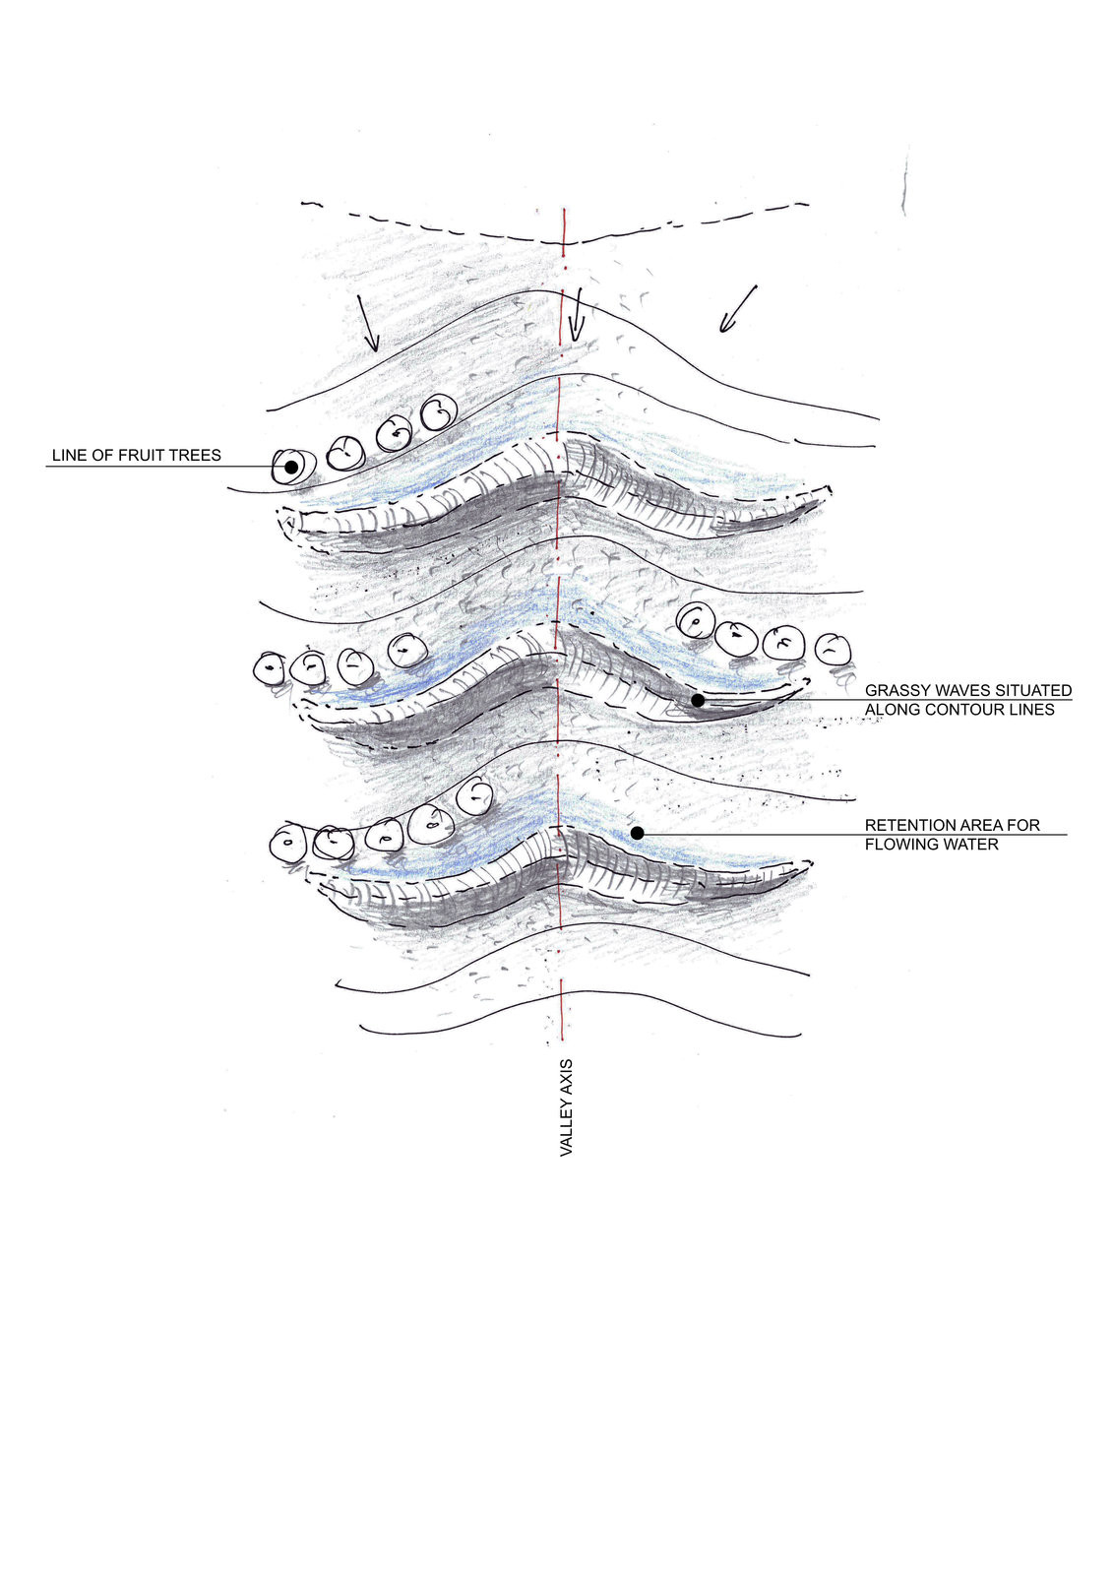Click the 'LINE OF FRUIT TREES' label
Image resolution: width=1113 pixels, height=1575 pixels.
point(136,455)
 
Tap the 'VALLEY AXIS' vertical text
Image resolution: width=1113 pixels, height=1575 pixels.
point(566,1107)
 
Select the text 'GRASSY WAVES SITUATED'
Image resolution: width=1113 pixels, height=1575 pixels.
point(967,691)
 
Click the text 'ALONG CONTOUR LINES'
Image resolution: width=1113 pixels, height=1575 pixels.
point(958,710)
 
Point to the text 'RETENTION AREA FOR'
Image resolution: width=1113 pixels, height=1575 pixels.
point(952,825)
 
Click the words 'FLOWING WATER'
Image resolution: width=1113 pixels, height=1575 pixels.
point(931,845)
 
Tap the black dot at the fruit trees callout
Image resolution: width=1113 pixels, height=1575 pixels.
point(290,467)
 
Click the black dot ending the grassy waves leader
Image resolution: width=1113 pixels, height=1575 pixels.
point(697,700)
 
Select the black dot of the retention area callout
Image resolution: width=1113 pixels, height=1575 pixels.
point(637,833)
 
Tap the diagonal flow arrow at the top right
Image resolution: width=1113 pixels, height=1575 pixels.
point(737,308)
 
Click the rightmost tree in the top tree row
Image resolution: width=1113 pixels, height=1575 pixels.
point(437,412)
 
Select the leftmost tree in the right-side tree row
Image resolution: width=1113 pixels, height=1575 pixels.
point(695,620)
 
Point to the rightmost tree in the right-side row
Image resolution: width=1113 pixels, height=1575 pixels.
point(834,649)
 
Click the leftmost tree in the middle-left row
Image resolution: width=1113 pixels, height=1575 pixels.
point(269,668)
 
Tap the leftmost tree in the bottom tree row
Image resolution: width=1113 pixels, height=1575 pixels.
point(288,844)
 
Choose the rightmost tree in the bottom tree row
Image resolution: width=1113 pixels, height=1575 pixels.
point(475,796)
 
